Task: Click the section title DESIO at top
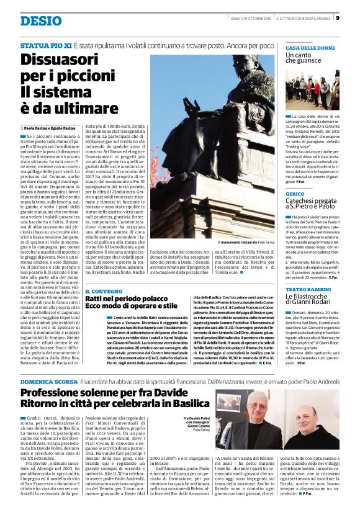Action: (x=41, y=20)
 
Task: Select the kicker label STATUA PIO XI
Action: (x=45, y=45)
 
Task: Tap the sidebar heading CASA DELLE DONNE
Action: (x=310, y=48)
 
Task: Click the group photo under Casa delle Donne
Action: (x=312, y=89)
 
